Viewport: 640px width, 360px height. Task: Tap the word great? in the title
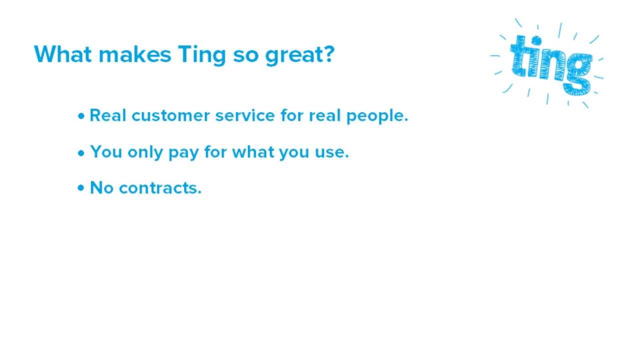[299, 54]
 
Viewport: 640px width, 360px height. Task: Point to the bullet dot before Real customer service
[81, 116]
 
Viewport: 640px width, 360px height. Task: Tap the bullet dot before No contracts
[81, 189]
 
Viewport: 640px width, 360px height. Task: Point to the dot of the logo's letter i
[536, 39]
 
